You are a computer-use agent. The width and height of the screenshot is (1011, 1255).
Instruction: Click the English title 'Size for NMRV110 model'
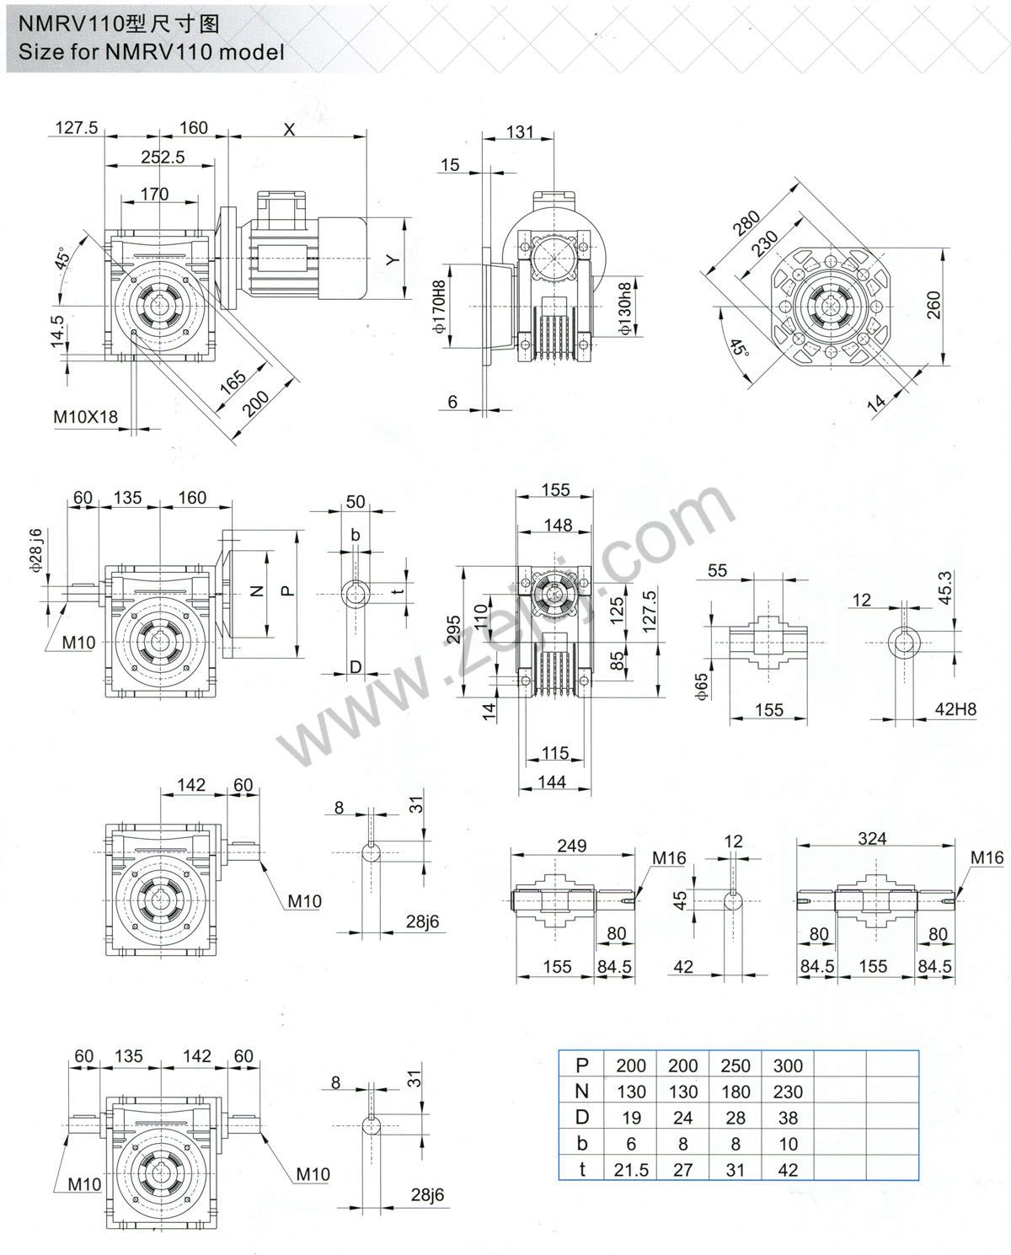click(152, 51)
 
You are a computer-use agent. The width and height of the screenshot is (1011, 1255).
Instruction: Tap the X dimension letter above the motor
click(290, 130)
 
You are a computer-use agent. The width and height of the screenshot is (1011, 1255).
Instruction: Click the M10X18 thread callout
click(86, 415)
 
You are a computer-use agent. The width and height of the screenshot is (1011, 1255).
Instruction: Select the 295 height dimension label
click(453, 628)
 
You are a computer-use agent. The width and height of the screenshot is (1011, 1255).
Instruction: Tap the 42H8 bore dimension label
click(955, 709)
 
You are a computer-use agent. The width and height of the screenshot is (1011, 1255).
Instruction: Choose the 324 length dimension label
click(872, 838)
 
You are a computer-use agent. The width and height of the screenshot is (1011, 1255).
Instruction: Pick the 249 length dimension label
click(572, 845)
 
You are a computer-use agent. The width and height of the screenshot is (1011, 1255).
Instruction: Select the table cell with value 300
click(788, 1065)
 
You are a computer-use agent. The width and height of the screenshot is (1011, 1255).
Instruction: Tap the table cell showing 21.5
click(631, 1169)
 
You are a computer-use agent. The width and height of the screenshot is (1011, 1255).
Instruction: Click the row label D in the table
click(581, 1118)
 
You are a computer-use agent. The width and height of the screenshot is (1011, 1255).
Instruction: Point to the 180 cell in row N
click(736, 1092)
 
